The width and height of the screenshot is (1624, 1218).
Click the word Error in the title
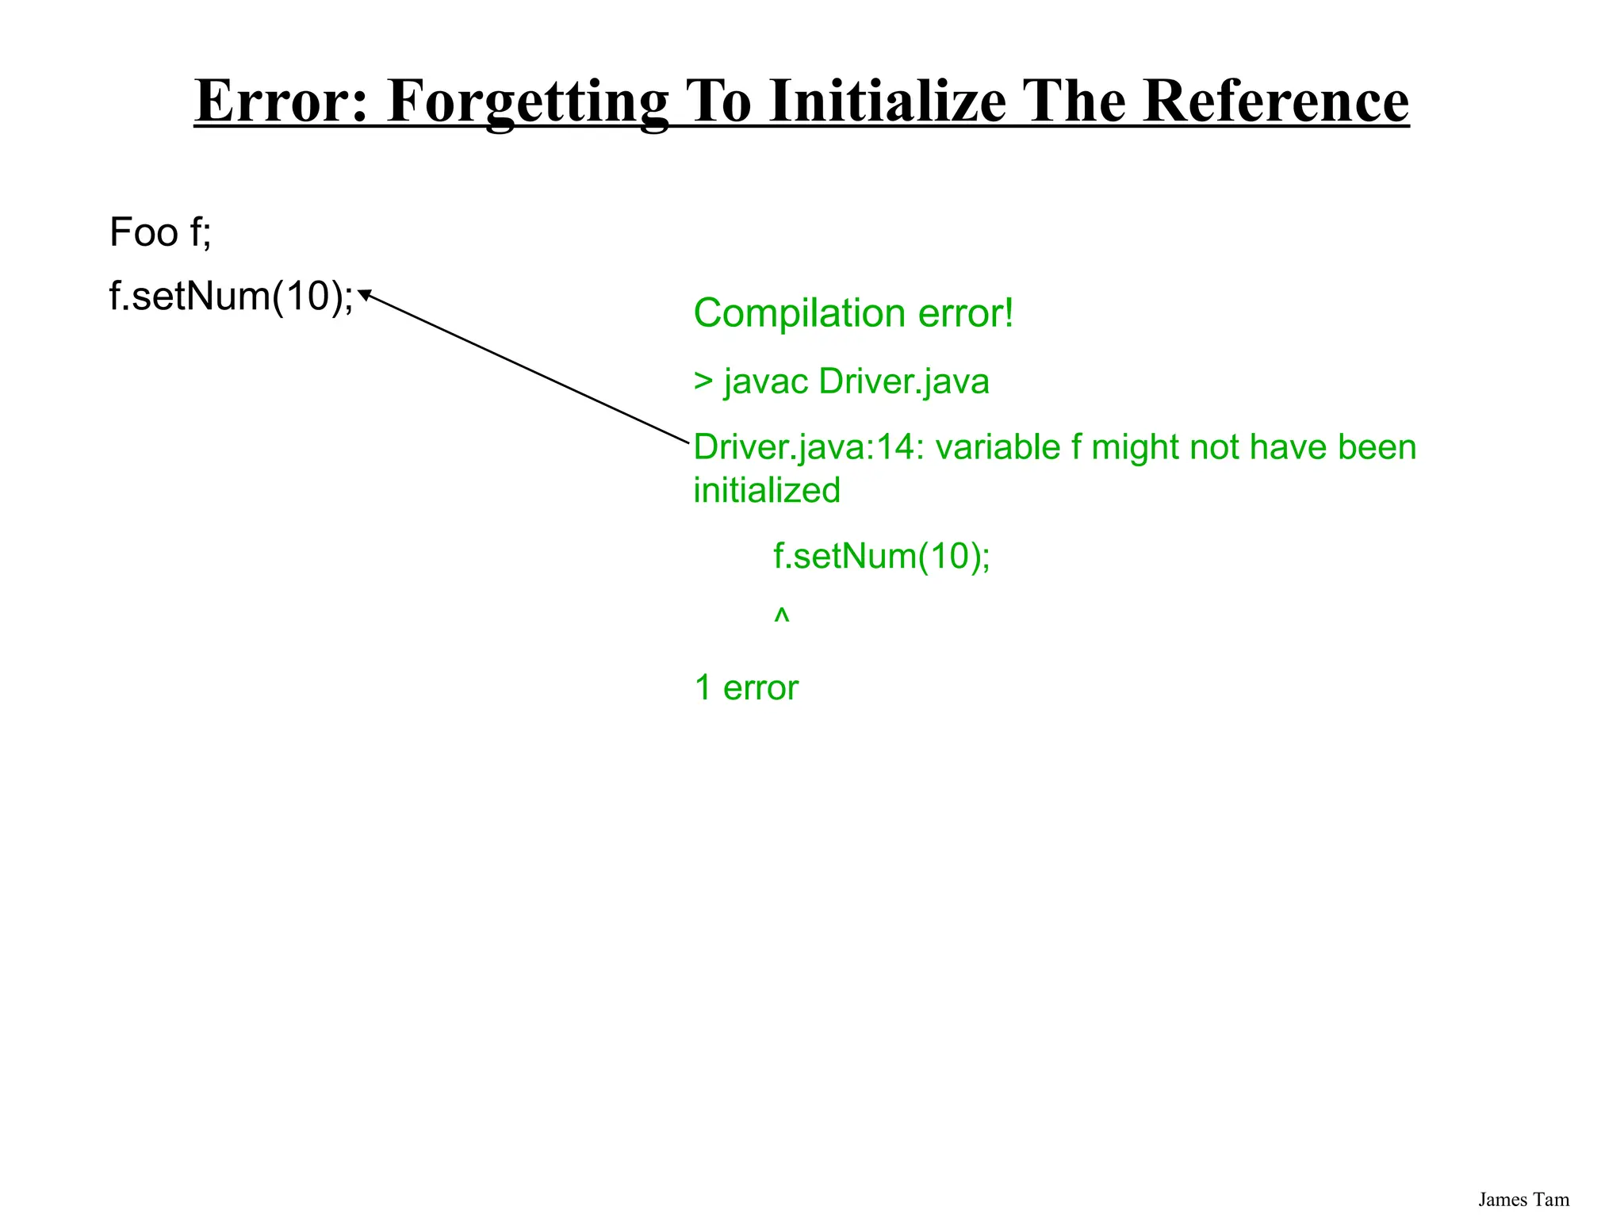pyautogui.click(x=282, y=101)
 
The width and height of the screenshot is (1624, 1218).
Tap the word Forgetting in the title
pyautogui.click(x=528, y=102)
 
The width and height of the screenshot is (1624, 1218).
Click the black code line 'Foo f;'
pyautogui.click(x=160, y=232)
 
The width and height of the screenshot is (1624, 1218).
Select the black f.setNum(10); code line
pyautogui.click(x=231, y=297)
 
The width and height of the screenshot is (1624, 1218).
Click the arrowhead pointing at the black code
pyautogui.click(x=366, y=295)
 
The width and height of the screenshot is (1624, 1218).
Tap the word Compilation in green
pyautogui.click(x=800, y=314)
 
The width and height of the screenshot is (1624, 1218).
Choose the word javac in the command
pyautogui.click(x=766, y=382)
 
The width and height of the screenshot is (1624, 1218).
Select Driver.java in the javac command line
pyautogui.click(x=904, y=381)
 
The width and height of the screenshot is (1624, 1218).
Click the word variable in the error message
pyautogui.click(x=998, y=447)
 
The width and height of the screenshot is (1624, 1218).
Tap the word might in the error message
pyautogui.click(x=1135, y=448)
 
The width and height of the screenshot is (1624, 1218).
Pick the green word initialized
pyautogui.click(x=767, y=490)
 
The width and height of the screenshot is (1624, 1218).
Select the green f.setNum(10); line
pyautogui.click(x=882, y=556)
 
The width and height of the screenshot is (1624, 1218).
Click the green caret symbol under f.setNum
pyautogui.click(x=782, y=615)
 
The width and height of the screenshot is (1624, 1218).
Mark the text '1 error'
pyautogui.click(x=746, y=688)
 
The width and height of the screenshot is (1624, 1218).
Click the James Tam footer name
pyautogui.click(x=1523, y=1200)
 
